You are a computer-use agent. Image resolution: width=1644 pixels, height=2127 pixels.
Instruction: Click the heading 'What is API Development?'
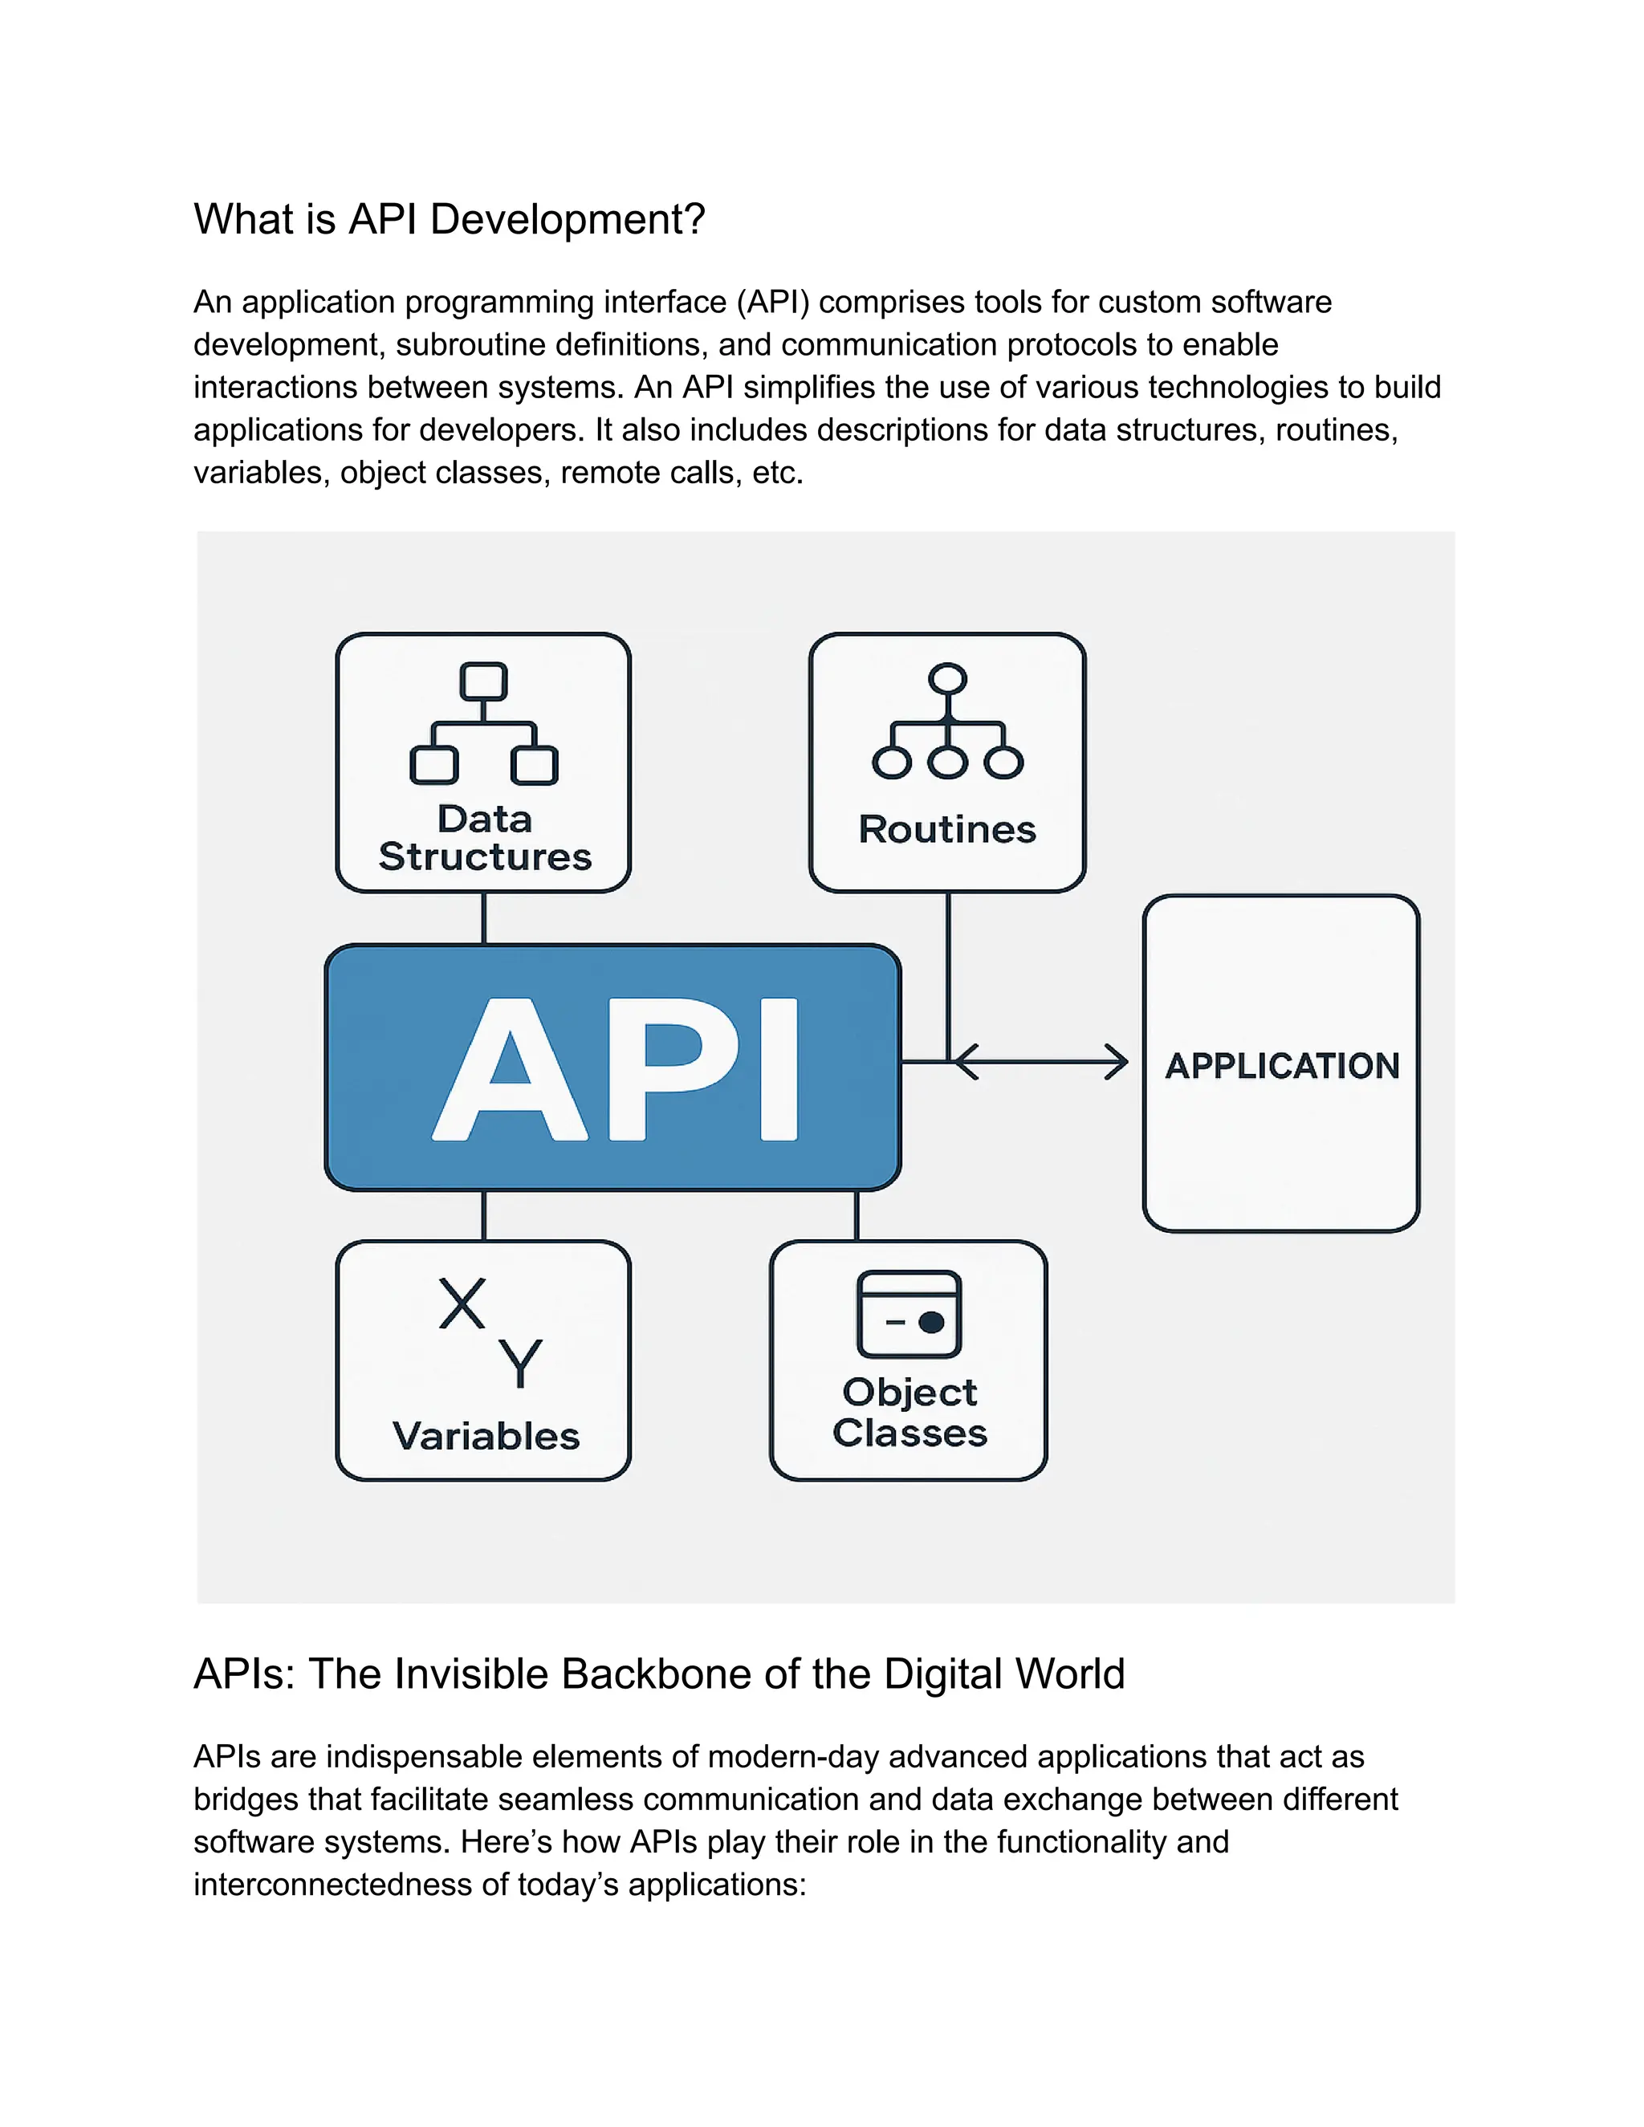point(449,219)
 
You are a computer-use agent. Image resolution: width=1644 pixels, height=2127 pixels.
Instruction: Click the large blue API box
point(612,1068)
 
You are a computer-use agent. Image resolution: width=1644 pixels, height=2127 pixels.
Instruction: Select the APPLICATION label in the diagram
point(1282,1065)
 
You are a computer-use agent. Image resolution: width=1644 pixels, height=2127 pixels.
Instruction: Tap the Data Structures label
point(484,837)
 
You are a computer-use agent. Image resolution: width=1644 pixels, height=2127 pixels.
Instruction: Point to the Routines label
point(946,830)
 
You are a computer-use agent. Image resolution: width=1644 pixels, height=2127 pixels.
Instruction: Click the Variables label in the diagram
point(485,1437)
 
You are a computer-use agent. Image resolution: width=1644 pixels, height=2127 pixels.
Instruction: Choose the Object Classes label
point(909,1412)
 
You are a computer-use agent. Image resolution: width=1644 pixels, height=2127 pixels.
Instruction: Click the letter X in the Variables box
point(462,1304)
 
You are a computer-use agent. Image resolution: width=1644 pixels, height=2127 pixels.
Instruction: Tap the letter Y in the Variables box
point(519,1364)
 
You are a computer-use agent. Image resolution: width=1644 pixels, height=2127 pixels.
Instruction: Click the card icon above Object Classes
point(909,1314)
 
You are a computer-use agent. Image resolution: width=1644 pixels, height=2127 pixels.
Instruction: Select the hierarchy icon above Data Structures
point(484,724)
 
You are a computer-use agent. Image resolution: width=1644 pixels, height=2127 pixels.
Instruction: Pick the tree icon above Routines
point(946,722)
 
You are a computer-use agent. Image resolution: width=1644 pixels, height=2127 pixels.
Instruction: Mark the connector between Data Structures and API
point(484,917)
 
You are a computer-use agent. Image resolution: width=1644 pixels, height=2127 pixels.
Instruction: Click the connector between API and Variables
point(484,1214)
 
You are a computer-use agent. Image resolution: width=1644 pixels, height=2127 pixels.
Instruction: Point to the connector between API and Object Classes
point(856,1214)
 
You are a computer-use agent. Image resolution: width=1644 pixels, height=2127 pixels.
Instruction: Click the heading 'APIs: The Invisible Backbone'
point(658,1674)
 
